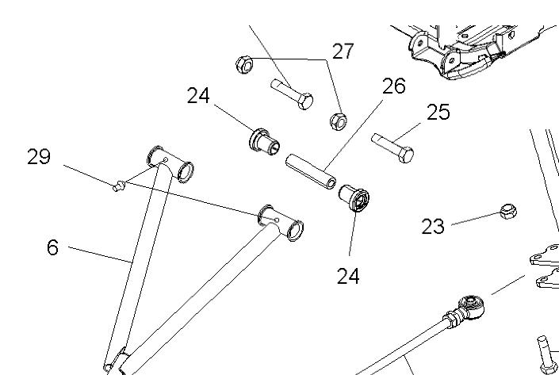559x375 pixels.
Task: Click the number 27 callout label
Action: (343, 52)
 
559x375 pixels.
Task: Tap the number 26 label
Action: (393, 86)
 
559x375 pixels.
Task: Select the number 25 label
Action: (438, 112)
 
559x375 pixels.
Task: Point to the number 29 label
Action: (38, 157)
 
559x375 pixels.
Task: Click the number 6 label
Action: (52, 247)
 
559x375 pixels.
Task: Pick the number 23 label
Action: (433, 228)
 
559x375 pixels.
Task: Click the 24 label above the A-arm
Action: (198, 96)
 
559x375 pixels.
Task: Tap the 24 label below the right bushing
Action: (348, 276)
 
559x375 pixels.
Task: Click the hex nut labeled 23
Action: (508, 212)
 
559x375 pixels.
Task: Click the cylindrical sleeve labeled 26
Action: (310, 169)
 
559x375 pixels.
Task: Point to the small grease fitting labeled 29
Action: (119, 186)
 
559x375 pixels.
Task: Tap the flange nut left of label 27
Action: (244, 63)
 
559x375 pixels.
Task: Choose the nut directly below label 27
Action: (337, 121)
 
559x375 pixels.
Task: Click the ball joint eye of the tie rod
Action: (472, 304)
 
